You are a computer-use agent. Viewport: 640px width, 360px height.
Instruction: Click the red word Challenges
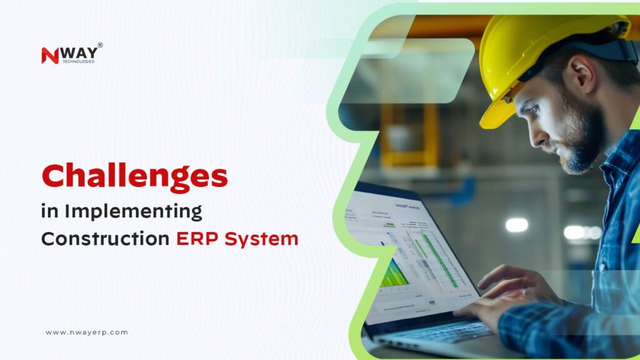pos(134,177)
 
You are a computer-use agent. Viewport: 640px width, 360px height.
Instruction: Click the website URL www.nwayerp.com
pos(86,332)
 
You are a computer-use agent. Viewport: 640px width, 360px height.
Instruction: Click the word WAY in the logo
pos(78,52)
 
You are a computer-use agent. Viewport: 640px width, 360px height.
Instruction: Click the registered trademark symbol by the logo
pos(100,45)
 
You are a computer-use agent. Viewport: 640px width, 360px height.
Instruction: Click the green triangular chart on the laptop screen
pos(394,274)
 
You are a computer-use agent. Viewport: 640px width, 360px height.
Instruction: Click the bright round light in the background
pos(516,225)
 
